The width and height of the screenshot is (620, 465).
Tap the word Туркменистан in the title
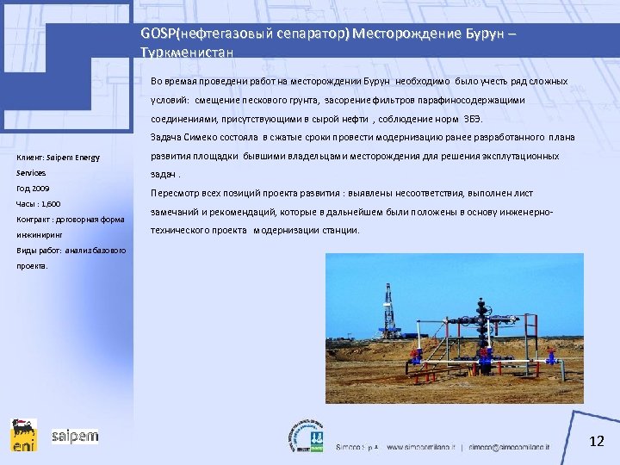click(186, 52)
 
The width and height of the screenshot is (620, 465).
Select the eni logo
click(23, 435)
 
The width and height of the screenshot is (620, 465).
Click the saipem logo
click(75, 436)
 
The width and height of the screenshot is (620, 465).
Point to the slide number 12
click(597, 442)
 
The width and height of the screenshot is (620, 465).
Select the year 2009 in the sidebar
click(40, 187)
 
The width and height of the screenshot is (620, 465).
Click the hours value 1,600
click(48, 203)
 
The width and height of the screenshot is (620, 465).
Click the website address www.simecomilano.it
click(421, 448)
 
